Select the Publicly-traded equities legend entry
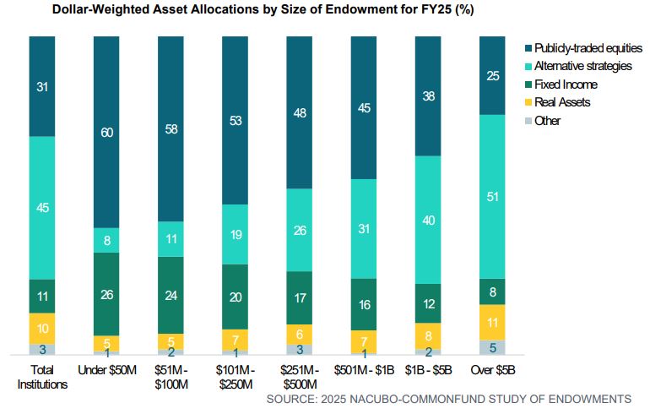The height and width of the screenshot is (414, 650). click(582, 49)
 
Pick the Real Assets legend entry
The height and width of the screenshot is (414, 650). click(561, 102)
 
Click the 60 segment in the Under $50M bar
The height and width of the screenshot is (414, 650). click(106, 132)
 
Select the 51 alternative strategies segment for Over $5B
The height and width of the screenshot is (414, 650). click(492, 197)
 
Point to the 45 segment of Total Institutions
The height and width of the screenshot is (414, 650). click(42, 207)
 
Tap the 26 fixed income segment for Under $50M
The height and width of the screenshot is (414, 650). click(106, 294)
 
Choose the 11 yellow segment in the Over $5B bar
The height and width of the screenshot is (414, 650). click(492, 322)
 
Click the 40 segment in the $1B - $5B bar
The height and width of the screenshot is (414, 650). click(428, 220)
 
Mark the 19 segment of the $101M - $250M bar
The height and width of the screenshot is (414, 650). click(235, 235)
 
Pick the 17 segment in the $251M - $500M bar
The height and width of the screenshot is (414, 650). click(299, 297)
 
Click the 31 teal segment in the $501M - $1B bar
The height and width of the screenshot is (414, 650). click(364, 229)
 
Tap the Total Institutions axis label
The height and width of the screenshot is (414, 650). click(42, 377)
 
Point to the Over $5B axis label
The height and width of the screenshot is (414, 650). click(492, 370)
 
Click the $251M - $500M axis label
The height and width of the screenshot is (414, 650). click(299, 377)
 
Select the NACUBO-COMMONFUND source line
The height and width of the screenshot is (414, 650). click(448, 398)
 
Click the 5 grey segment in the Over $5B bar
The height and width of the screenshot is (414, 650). click(492, 346)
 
